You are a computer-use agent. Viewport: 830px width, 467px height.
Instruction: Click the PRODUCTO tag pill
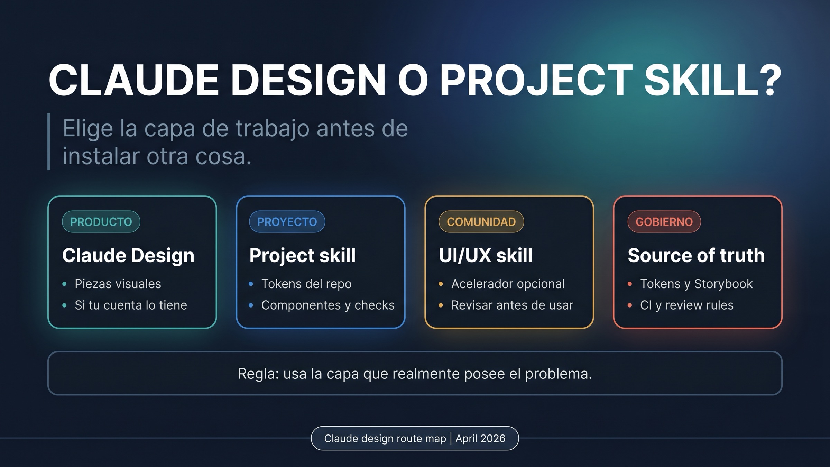point(101,222)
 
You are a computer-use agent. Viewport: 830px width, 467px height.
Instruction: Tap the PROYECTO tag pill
point(287,222)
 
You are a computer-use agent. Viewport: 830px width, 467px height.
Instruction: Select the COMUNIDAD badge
point(481,222)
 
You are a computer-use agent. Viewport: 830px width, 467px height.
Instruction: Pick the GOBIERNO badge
point(664,222)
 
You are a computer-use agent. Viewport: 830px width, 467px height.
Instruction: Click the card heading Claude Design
point(128,255)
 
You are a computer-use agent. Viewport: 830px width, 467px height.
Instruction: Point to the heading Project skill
point(302,255)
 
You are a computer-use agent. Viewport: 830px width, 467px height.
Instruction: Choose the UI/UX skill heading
point(485,255)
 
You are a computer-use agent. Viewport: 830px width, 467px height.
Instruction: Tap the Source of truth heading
point(696,255)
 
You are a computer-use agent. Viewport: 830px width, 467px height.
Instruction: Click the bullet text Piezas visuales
point(118,284)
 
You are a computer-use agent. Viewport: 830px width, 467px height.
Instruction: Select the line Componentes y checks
point(328,305)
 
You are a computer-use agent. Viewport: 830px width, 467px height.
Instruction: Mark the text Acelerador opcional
point(508,284)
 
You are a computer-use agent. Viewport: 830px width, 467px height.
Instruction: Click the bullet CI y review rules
point(686,305)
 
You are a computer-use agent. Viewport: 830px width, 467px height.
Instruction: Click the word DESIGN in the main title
point(308,80)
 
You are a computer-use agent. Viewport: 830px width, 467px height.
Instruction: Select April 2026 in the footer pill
point(480,439)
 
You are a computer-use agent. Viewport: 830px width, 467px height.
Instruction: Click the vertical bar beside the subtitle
point(49,141)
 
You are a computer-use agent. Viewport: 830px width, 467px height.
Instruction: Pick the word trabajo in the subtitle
point(273,129)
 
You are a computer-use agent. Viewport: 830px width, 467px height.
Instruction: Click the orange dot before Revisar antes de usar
point(441,305)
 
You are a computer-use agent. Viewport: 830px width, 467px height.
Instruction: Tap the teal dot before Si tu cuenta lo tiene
point(64,305)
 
